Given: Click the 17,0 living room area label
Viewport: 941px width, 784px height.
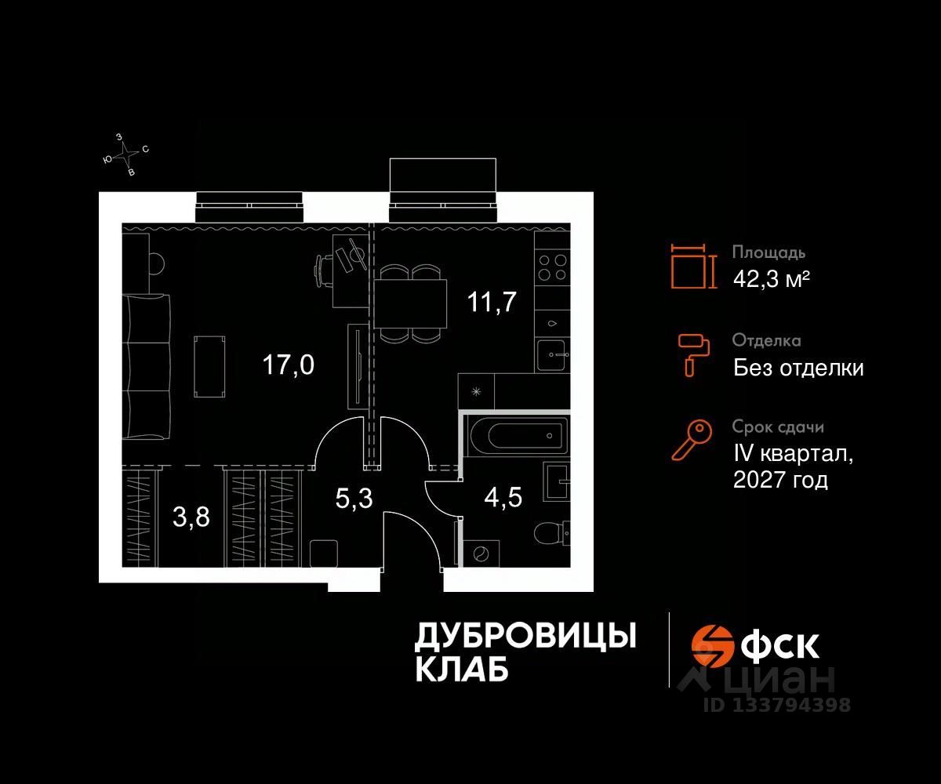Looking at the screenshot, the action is [x=289, y=365].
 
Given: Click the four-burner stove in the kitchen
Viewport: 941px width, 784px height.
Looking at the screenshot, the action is [x=553, y=267].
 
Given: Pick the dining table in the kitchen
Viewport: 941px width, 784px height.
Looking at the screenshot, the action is [x=410, y=303].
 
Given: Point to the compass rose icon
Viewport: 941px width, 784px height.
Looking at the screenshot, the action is [x=125, y=154].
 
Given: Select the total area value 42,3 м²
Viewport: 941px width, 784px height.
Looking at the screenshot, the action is [x=771, y=279].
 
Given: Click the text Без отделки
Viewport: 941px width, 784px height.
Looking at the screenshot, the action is [x=798, y=367].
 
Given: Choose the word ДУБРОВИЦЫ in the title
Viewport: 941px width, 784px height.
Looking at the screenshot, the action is [x=525, y=637].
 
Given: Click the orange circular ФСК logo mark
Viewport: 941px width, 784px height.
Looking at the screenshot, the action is [x=711, y=645].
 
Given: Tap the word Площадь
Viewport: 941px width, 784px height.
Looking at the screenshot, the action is [x=768, y=253].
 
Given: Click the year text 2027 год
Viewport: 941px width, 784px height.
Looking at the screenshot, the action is [x=780, y=480].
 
